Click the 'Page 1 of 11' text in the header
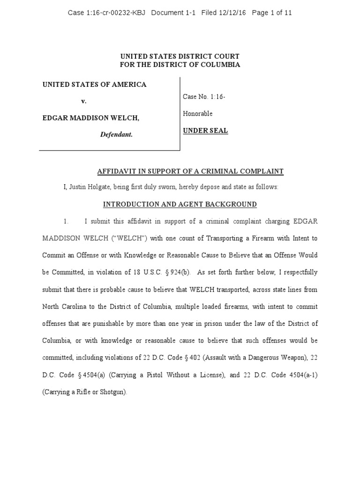[271, 13]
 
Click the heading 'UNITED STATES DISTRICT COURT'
[180, 57]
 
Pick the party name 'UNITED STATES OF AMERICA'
[95, 84]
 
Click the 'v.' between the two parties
[84, 101]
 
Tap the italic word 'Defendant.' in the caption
[116, 135]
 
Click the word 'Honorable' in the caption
[197, 113]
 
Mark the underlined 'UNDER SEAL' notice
[205, 131]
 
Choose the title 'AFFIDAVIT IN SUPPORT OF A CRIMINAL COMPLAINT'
[190, 172]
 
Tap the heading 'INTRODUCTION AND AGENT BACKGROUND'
[180, 204]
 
